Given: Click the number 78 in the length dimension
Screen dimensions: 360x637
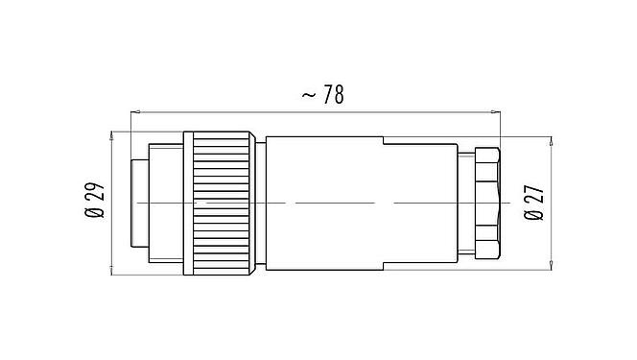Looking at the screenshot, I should (331, 95).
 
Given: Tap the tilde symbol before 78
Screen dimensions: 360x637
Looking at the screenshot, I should (308, 95).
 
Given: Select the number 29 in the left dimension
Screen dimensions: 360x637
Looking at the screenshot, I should (96, 197).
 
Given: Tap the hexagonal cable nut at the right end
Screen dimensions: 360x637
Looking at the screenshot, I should (486, 204).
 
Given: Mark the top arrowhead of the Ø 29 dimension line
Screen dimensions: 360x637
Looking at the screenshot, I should (113, 133).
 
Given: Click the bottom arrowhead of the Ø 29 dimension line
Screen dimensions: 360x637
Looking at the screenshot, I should (113, 273).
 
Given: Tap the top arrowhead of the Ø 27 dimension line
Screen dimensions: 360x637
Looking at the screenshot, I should (552, 140).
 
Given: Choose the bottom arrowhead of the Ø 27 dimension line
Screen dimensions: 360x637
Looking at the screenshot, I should (552, 266).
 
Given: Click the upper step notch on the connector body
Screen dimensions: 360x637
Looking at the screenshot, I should (383, 142).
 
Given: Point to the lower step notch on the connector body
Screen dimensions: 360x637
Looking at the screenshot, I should (383, 265).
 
